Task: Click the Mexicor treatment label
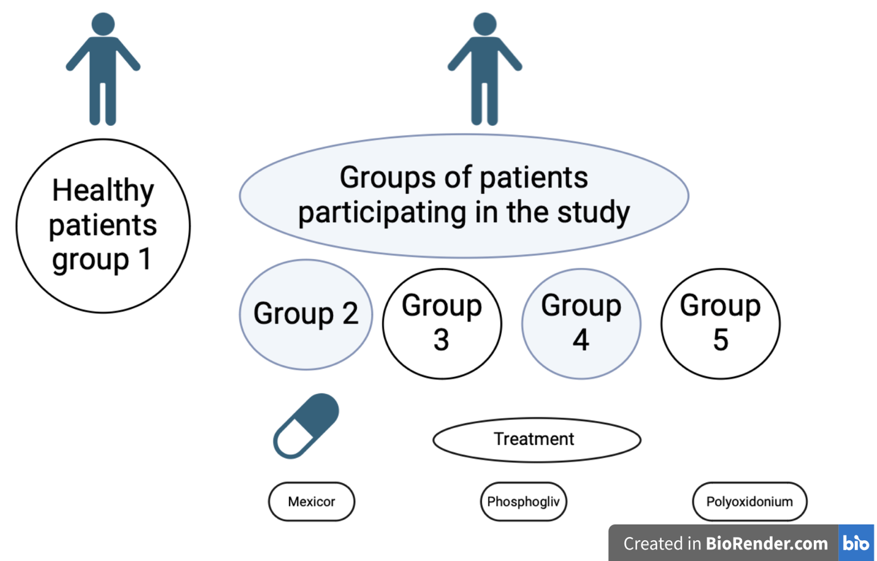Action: pos(312,501)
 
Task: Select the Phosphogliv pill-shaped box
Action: pos(524,501)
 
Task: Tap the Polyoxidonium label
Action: pos(749,501)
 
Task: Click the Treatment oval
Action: pos(537,439)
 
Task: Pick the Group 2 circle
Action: pos(306,315)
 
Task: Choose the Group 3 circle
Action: pos(442,323)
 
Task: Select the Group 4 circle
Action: pos(581,323)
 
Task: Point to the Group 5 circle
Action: pos(721,323)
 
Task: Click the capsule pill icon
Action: pos(306,426)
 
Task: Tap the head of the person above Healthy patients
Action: pos(103,24)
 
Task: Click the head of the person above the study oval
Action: pos(484,24)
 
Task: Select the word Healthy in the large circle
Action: pos(103,191)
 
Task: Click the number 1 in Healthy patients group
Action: pos(145,258)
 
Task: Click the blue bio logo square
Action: pos(856,543)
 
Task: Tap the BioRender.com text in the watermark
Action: pos(767,543)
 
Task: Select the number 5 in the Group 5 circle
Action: pos(721,339)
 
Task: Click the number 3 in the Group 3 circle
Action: pos(441,339)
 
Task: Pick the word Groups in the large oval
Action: pos(388,177)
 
